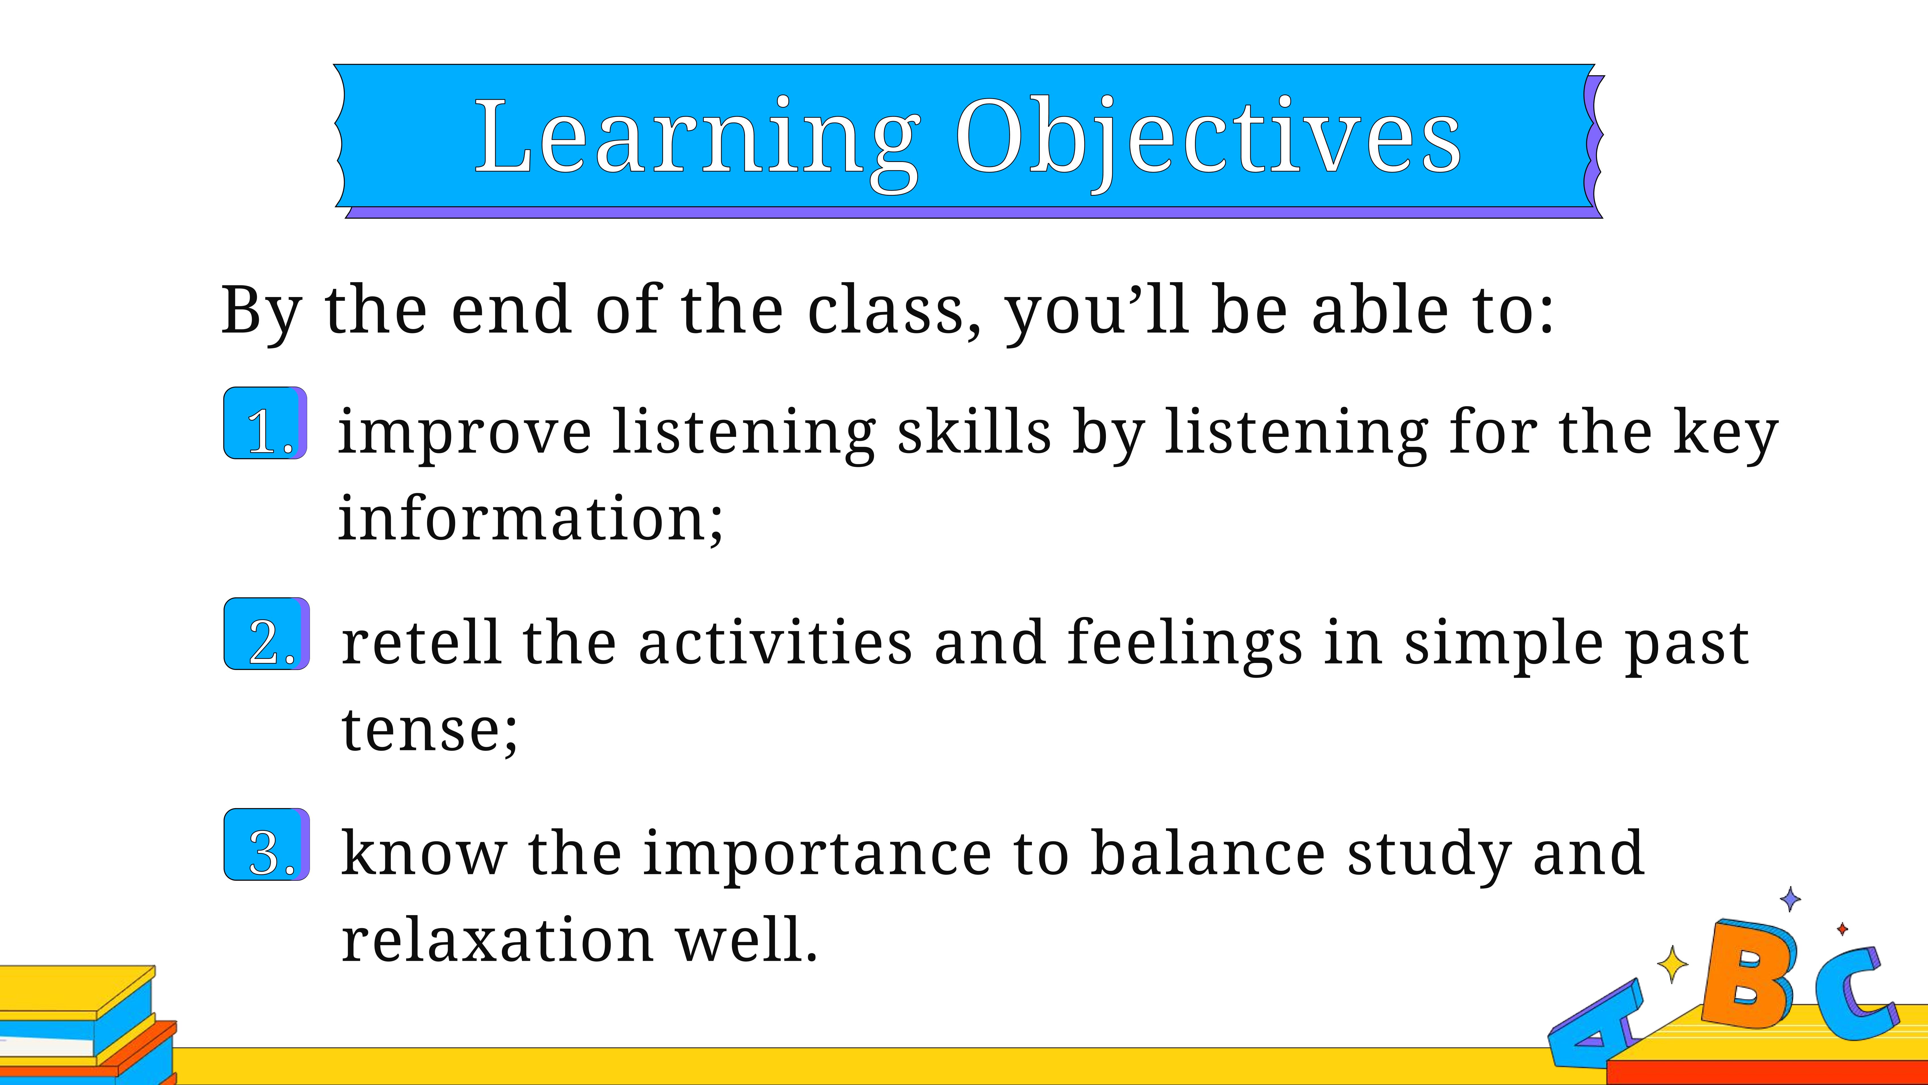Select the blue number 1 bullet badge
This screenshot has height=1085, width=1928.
pos(266,423)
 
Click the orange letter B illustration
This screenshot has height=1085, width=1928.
pos(1748,974)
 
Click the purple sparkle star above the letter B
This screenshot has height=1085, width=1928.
pos(1790,899)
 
